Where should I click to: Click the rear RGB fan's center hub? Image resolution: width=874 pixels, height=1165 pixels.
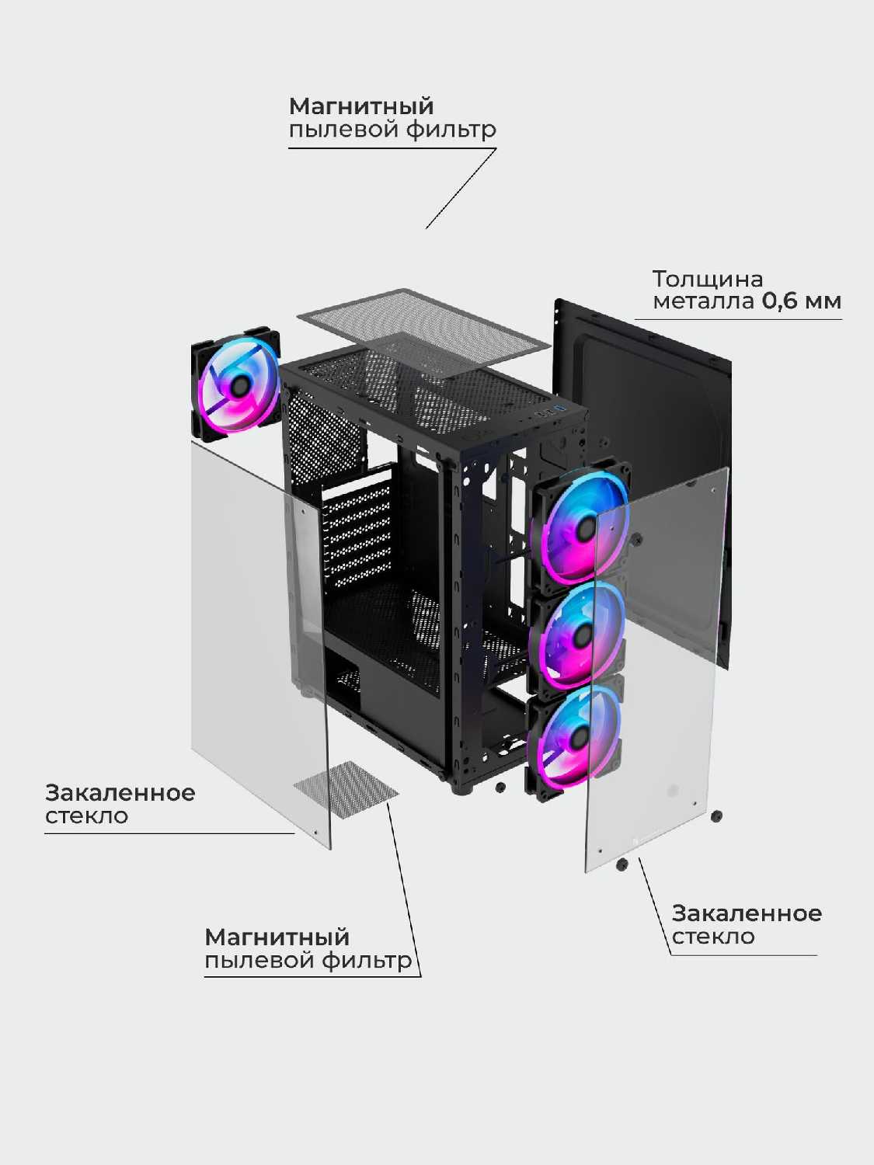[238, 383]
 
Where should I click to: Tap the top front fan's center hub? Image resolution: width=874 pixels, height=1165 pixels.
[584, 529]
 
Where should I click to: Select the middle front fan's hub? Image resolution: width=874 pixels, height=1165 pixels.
[580, 636]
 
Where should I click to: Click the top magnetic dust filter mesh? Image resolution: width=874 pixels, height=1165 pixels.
[423, 330]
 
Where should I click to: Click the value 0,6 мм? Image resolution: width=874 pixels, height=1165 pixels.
[801, 301]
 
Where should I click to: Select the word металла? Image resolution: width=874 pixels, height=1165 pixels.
[703, 301]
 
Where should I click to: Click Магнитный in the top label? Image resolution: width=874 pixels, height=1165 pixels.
[361, 106]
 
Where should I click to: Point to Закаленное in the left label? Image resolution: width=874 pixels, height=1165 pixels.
[120, 793]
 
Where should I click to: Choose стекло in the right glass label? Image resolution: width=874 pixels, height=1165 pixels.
[713, 937]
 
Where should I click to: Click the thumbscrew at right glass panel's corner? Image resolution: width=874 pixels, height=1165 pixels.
[716, 816]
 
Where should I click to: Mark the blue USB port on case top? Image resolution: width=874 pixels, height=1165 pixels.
[558, 409]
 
